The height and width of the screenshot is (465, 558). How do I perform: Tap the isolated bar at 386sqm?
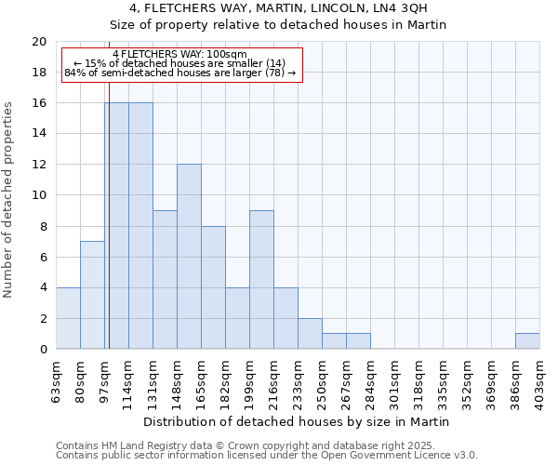tap(527, 341)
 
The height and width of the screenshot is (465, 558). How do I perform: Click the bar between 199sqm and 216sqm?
tap(261, 280)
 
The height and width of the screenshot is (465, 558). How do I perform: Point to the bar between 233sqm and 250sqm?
tap(310, 334)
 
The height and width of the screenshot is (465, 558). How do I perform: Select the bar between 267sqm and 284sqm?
tap(358, 341)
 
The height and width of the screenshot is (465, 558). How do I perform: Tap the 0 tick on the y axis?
tap(42, 350)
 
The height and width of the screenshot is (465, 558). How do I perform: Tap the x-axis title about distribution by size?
tap(298, 421)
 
